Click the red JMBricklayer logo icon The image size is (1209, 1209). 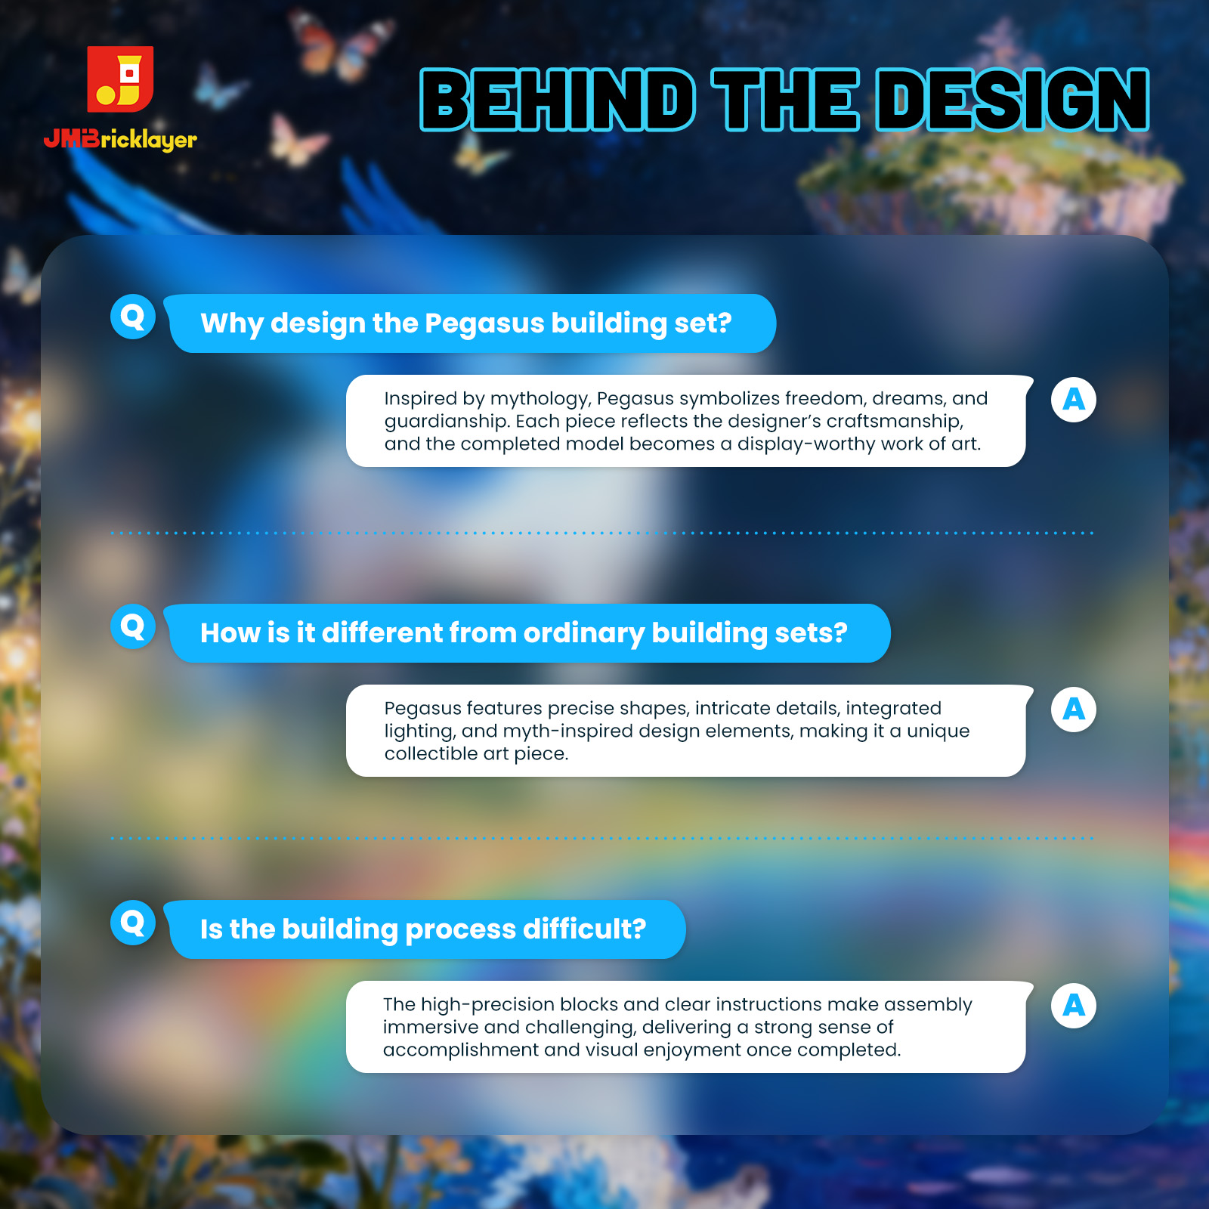[x=120, y=79]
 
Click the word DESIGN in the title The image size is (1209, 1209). [x=1013, y=100]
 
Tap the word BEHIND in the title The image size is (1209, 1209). [x=558, y=100]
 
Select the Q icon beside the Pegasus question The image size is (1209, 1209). [x=133, y=317]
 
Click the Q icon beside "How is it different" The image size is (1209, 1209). [x=133, y=626]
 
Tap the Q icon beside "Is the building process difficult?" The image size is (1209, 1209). [x=133, y=923]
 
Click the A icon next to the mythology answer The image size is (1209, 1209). [x=1074, y=399]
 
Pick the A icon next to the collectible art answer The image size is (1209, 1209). [x=1074, y=709]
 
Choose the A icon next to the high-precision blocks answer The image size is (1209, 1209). [x=1074, y=1005]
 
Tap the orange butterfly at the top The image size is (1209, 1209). [x=348, y=45]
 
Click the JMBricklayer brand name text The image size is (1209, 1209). [x=120, y=140]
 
